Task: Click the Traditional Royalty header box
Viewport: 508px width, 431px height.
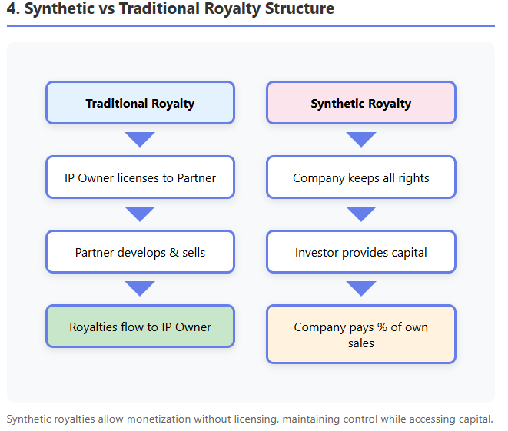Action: tap(140, 103)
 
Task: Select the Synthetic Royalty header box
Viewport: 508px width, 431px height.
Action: tap(360, 103)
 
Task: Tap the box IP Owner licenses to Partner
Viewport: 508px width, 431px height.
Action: tap(140, 177)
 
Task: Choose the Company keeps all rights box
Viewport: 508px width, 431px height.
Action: tap(360, 177)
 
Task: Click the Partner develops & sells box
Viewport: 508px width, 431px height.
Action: tap(140, 252)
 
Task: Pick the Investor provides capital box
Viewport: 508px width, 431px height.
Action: tap(360, 252)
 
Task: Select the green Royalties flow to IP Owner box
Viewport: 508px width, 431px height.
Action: tap(140, 327)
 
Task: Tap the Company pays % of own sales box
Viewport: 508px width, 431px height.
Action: tap(360, 334)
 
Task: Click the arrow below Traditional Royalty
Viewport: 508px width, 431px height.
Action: tap(140, 139)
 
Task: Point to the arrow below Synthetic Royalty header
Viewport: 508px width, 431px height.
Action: tap(360, 139)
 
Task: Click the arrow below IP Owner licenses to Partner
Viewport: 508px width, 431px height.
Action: tap(140, 214)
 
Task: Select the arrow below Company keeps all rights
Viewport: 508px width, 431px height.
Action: tap(360, 214)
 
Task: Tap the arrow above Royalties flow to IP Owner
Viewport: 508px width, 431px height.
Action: tap(140, 288)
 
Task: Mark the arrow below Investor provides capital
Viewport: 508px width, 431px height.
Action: tap(360, 288)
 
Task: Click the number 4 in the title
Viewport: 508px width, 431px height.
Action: tap(12, 9)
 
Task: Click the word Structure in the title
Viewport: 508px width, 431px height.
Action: tap(296, 9)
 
